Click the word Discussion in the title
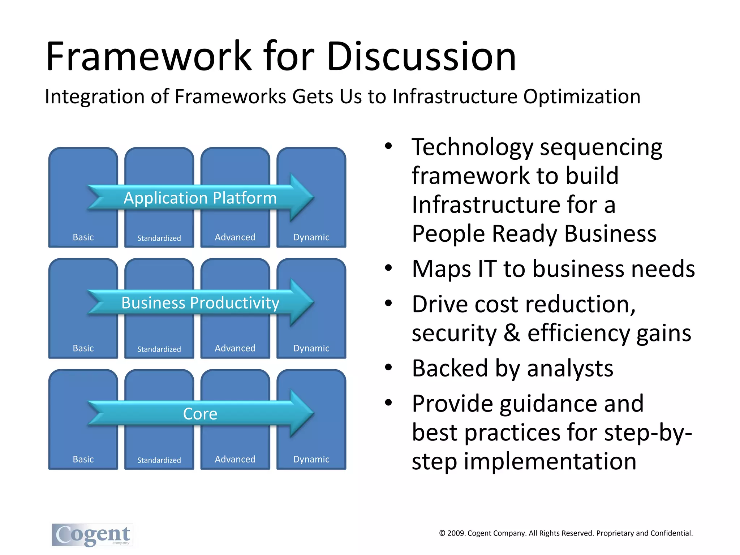pos(421,57)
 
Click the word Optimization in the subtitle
pos(582,97)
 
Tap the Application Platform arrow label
pos(200,198)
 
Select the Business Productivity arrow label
pos(200,303)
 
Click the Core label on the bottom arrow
pos(200,414)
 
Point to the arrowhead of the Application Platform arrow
pos(302,198)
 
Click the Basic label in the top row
pos(83,237)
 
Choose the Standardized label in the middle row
pos(159,349)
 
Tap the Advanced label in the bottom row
pos(235,459)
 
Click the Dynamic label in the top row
pos(311,237)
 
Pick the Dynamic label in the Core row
pos(311,459)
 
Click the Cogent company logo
pos(92,535)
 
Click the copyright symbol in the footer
pos(442,533)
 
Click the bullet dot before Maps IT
pos(388,268)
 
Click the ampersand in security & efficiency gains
pos(512,333)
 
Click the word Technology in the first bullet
pos(473,147)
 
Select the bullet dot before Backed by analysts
pos(388,367)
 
